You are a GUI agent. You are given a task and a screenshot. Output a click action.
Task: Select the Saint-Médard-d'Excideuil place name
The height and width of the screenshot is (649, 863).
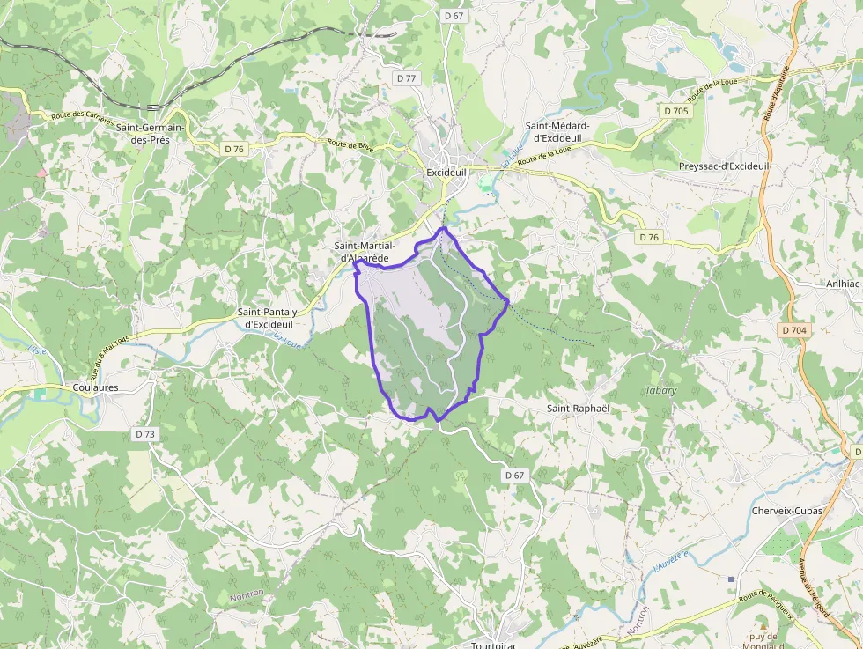click(x=557, y=132)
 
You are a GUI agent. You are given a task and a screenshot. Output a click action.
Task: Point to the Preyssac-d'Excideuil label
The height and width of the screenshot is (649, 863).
click(x=724, y=166)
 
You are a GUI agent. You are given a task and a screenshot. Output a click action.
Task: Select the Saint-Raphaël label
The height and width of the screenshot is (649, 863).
click(x=578, y=409)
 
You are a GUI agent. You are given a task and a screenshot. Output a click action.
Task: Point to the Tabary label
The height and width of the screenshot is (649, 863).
click(x=661, y=390)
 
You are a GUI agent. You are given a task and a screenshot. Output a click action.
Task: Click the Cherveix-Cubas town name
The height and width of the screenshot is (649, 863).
click(x=786, y=511)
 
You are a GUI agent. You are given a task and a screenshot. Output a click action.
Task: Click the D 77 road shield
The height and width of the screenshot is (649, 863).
click(x=406, y=78)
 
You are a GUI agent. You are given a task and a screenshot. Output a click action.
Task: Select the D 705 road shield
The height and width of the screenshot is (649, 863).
click(x=676, y=111)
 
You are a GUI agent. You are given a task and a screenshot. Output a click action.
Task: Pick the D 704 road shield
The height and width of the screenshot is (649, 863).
click(x=793, y=330)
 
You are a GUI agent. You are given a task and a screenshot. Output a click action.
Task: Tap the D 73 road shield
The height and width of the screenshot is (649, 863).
click(x=145, y=434)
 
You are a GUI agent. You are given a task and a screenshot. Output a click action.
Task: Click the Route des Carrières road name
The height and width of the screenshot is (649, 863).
click(x=84, y=115)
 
